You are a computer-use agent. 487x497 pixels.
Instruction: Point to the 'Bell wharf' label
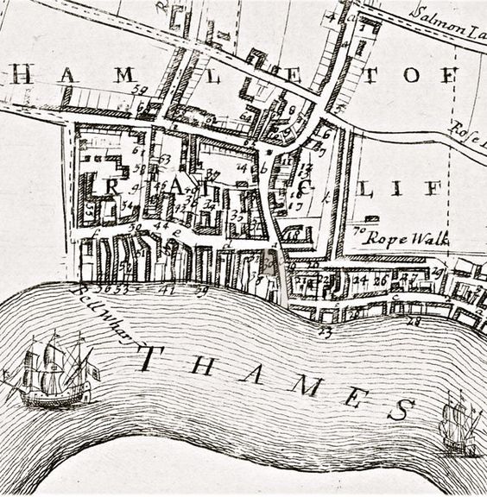click(x=106, y=315)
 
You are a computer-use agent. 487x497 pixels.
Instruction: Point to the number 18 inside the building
click(x=294, y=234)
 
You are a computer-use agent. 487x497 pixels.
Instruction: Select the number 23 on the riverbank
click(x=326, y=330)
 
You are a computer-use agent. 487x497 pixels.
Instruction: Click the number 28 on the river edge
click(x=412, y=321)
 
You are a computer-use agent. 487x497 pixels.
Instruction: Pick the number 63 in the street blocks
click(x=164, y=159)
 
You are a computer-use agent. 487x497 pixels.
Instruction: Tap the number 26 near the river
click(x=379, y=280)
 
